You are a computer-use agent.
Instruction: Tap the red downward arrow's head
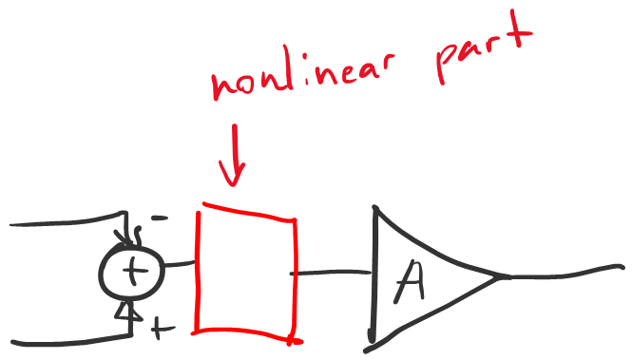(x=232, y=173)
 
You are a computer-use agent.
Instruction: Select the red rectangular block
(x=197, y=274)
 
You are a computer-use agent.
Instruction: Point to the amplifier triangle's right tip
(x=499, y=276)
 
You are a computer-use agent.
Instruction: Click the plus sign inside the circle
(x=133, y=271)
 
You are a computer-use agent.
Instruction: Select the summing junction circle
(x=99, y=272)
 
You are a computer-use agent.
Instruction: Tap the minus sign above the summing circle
(x=160, y=218)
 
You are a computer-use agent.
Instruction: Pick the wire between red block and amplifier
(x=331, y=273)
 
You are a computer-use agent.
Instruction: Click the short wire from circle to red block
(x=180, y=264)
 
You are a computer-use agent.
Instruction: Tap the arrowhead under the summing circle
(x=128, y=311)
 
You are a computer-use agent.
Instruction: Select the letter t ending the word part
(x=516, y=32)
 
